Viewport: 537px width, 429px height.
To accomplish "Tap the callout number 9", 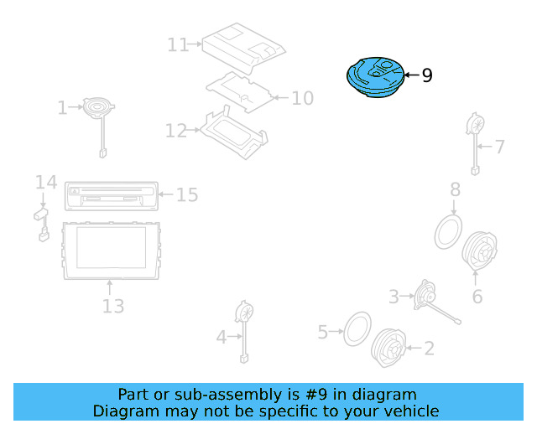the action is coord(427,76).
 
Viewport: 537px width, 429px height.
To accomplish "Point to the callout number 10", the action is coord(302,98).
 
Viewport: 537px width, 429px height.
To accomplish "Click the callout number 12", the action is coord(176,131).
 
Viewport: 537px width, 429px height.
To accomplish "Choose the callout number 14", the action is coord(45,182).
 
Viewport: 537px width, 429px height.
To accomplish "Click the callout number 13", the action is coord(112,306).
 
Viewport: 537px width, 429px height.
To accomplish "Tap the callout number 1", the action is coord(62,107).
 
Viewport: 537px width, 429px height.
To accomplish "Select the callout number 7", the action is coord(499,147).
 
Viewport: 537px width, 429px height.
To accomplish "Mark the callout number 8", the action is coord(454,189).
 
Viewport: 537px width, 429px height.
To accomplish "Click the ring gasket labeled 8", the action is coord(449,230).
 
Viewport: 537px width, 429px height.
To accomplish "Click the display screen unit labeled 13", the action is coord(110,249).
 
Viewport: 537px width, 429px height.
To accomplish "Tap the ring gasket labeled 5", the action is coord(358,331).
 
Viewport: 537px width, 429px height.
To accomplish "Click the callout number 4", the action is coord(222,337).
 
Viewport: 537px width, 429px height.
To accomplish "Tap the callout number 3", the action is coord(394,296).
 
